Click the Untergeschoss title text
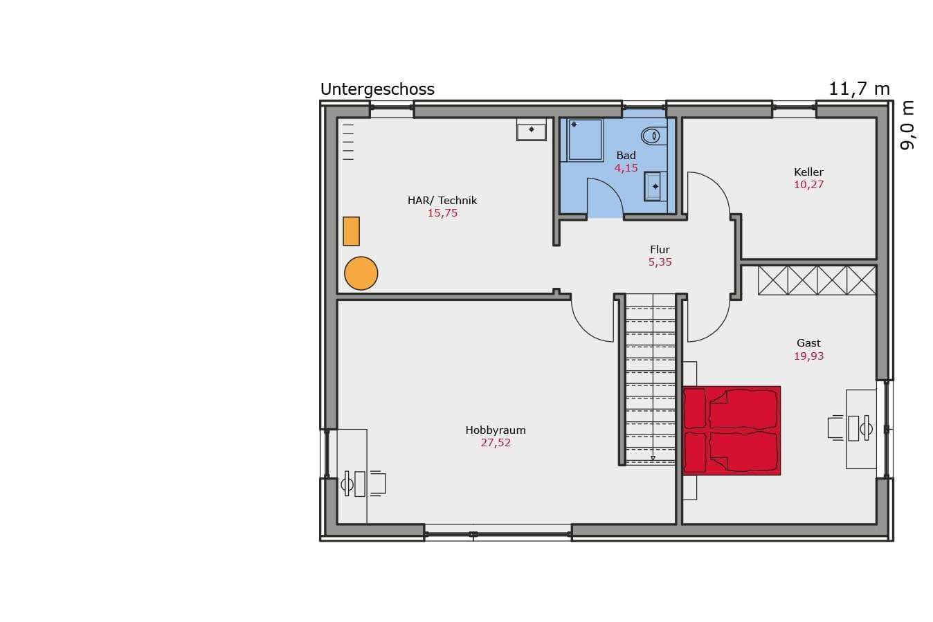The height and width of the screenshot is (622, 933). click(377, 89)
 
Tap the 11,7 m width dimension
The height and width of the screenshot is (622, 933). click(859, 89)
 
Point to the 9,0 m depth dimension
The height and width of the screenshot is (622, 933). click(907, 125)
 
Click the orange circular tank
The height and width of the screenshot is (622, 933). click(361, 273)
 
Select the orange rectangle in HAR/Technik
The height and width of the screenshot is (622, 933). click(351, 231)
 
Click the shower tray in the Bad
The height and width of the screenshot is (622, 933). click(585, 140)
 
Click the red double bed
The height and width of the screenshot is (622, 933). click(732, 430)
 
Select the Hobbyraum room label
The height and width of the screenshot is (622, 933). click(496, 430)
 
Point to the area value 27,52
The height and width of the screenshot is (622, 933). click(496, 443)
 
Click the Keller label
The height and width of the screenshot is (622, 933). click(808, 172)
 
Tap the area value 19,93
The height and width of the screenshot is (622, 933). click(808, 356)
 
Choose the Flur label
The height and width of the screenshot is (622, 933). click(660, 249)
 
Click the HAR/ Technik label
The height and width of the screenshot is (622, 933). click(442, 200)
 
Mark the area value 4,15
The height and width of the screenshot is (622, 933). click(626, 168)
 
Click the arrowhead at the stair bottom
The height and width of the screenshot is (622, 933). click(653, 458)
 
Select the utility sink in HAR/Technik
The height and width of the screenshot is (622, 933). click(531, 129)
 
